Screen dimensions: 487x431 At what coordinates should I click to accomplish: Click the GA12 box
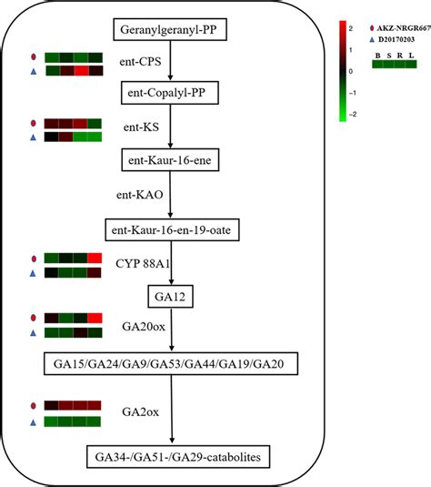[x=168, y=296]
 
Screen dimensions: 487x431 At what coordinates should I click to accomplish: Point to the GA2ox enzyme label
[x=140, y=412]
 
